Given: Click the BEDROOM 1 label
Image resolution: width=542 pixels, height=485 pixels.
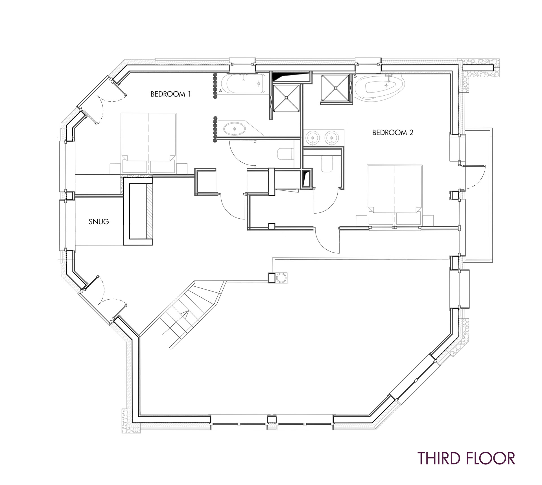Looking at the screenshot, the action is (171, 94).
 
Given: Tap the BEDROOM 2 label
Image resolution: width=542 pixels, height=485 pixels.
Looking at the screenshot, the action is (393, 132).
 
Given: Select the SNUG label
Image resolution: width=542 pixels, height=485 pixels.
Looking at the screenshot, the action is (99, 221).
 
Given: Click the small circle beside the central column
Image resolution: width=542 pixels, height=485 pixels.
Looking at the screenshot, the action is (281, 278).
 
